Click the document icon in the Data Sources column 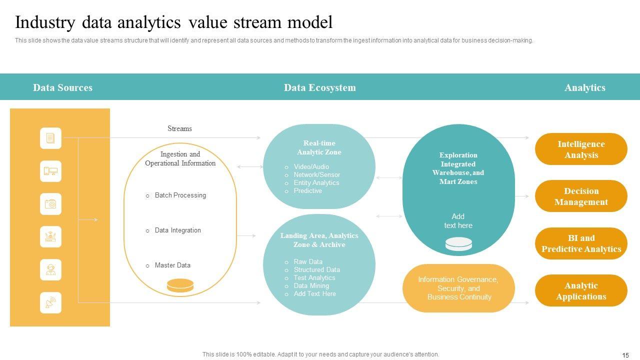click(50, 138)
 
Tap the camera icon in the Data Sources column click(50, 204)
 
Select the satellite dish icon click(50, 302)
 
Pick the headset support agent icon click(50, 269)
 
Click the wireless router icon click(50, 236)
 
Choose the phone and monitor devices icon click(50, 171)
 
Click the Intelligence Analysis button click(581, 149)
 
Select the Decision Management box click(581, 196)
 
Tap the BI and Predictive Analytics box click(581, 243)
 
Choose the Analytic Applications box click(581, 290)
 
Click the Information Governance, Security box click(458, 288)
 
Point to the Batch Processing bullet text click(180, 195)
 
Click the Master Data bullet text click(172, 265)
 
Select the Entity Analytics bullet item click(316, 183)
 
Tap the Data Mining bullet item click(311, 286)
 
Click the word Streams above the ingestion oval click(179, 128)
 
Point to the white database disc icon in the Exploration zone click(458, 244)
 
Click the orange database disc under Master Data click(180, 285)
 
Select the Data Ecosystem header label click(320, 87)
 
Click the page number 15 click(625, 355)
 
